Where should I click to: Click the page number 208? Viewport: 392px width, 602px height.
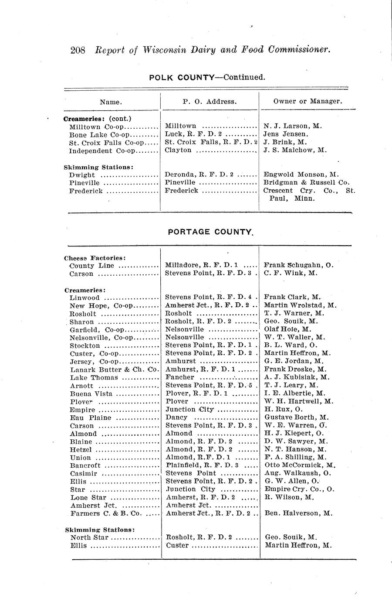79,50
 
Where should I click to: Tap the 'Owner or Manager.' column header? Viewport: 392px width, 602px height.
308,101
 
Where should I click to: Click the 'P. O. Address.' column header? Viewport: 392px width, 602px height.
210,101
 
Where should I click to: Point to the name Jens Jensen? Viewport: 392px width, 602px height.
286,134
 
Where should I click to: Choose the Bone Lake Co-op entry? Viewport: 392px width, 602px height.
96,134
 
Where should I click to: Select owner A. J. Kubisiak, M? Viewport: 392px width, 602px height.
297,377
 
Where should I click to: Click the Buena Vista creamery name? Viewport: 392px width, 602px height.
91,393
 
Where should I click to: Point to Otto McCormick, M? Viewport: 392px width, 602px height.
298,465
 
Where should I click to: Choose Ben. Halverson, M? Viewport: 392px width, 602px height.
298,513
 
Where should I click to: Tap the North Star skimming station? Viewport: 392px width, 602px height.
86,537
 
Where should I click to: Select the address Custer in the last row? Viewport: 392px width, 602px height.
177,545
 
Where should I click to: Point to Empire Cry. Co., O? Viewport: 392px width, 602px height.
299,489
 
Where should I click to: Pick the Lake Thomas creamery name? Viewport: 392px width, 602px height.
94,377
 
